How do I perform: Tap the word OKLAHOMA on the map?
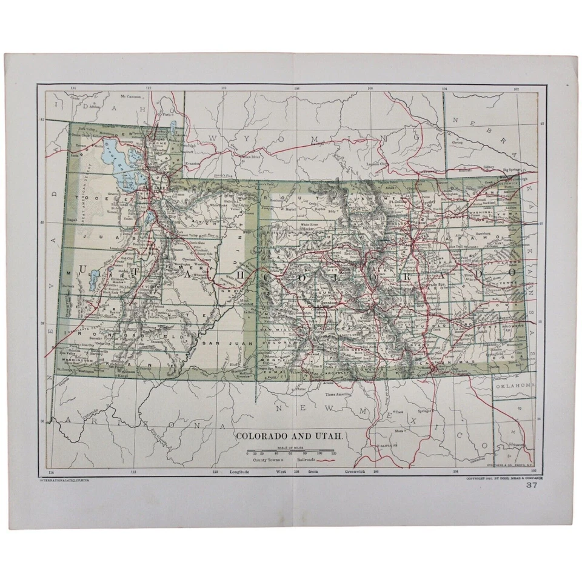point(514,386)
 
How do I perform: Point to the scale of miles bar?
point(290,452)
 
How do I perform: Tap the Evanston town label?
point(193,164)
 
